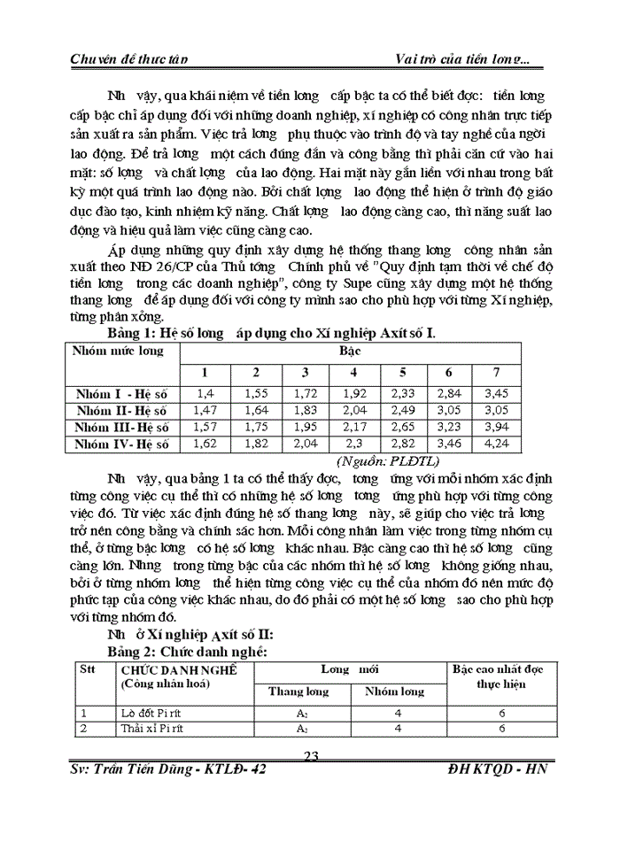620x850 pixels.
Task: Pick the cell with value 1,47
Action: [207, 410]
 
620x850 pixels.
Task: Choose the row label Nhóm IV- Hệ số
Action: [122, 444]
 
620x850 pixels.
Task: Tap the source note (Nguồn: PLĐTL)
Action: [382, 461]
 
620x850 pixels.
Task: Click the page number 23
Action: [311, 755]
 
